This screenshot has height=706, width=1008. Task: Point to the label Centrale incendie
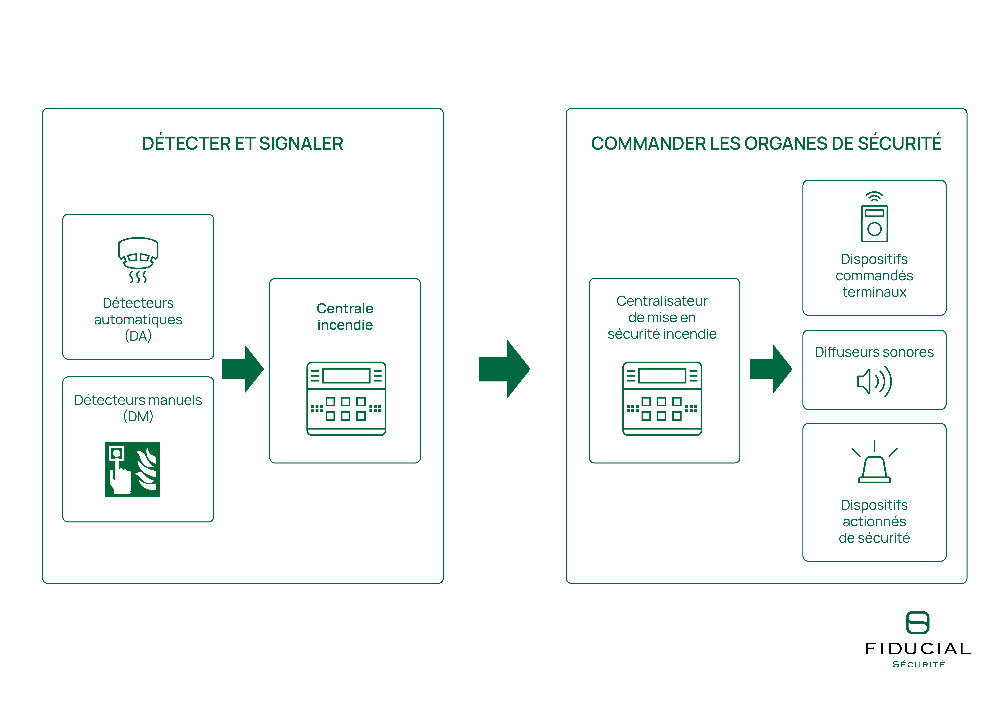point(345,316)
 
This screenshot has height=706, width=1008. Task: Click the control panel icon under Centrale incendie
point(346,398)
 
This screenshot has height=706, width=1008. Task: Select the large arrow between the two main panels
point(504,369)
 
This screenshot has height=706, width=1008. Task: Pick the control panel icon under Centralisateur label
point(662,398)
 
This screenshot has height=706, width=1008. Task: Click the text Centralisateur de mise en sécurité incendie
point(662,317)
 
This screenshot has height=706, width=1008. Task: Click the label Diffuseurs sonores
point(874,352)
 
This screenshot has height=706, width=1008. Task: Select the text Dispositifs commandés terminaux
point(874,275)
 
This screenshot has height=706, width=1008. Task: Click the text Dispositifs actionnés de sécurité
point(874,522)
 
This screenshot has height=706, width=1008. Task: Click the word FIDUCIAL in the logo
point(918,649)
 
